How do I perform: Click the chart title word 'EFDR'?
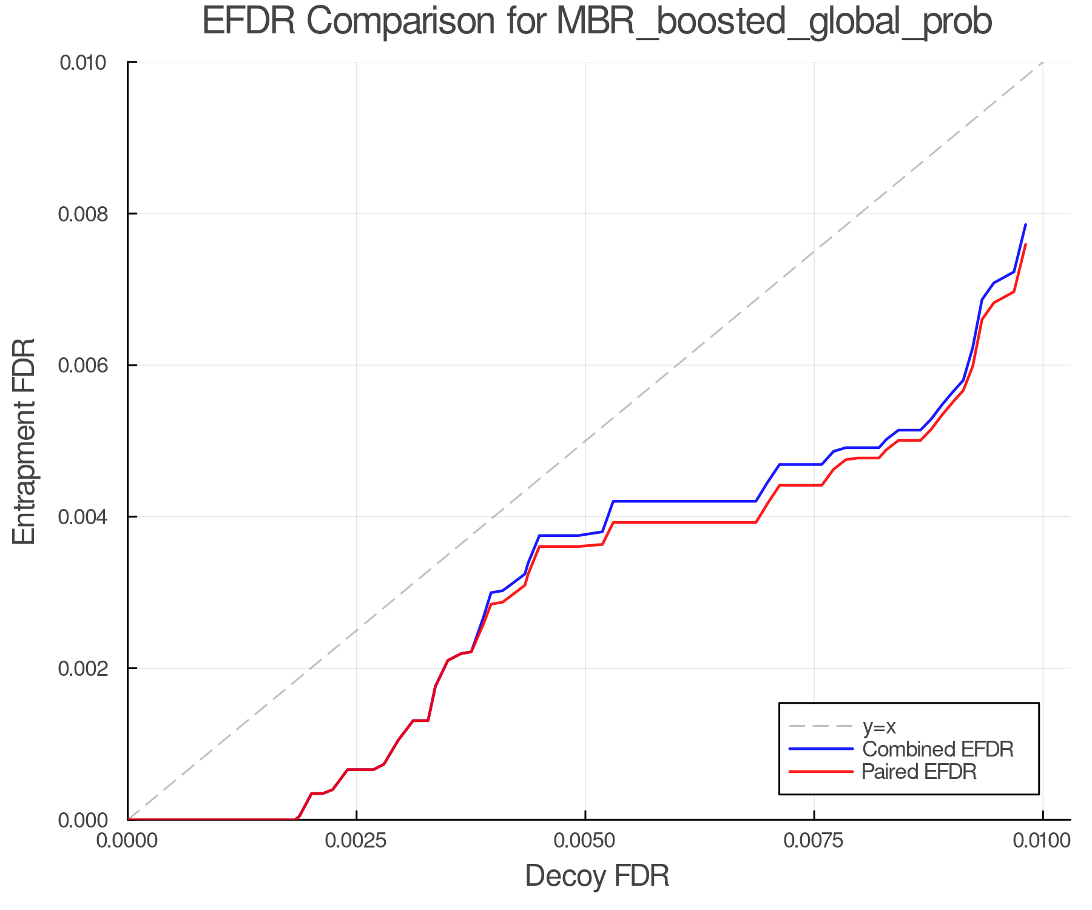[248, 21]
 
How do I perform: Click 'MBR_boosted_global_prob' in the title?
[773, 22]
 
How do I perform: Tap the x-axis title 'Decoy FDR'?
[597, 875]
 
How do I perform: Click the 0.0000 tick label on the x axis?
[127, 840]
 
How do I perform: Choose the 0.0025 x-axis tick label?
[356, 840]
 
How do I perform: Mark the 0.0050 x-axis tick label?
[585, 840]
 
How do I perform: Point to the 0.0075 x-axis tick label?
[814, 840]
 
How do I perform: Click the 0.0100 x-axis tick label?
[1042, 840]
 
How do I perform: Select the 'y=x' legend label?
[879, 726]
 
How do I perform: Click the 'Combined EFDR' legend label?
[937, 749]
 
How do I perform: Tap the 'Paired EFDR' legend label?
[919, 772]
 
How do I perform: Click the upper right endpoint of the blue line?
[1025, 224]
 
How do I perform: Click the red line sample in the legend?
[821, 772]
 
